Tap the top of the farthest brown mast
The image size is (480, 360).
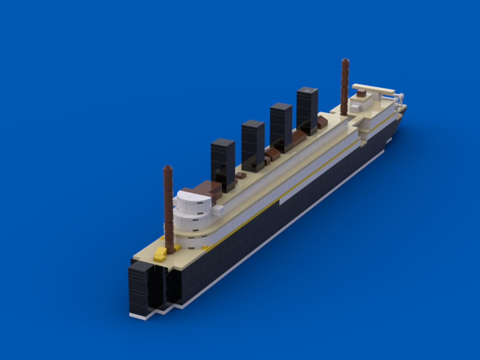click(345, 61)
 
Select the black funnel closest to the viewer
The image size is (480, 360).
click(223, 163)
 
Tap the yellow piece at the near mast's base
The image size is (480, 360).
click(160, 254)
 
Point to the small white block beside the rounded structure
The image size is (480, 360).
click(218, 209)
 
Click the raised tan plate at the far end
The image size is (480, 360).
click(373, 89)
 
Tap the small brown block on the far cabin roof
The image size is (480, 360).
click(361, 94)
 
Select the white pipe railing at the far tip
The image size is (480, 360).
click(398, 100)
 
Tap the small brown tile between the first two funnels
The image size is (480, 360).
click(240, 176)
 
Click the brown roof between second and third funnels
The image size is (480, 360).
click(272, 154)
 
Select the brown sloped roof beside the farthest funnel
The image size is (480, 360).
click(322, 122)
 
